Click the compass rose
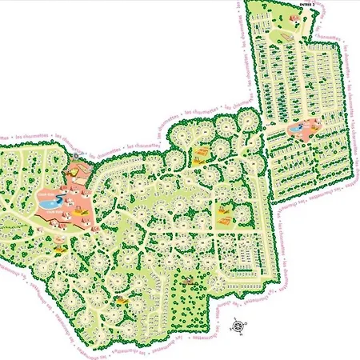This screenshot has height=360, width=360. point(238,325)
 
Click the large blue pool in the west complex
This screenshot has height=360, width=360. point(50,205)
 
